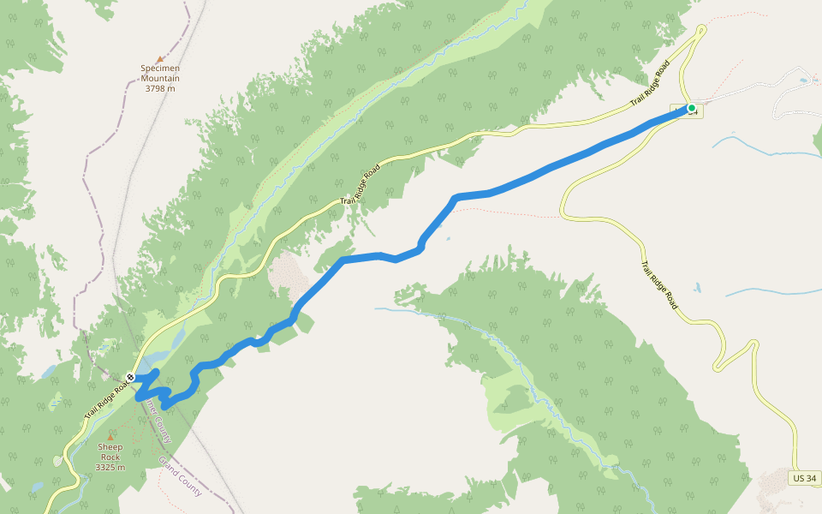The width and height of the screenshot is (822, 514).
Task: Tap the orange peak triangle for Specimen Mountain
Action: [x=160, y=59]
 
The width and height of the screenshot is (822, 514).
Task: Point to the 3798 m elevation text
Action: [x=160, y=88]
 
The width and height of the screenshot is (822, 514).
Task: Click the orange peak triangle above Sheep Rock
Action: [x=110, y=437]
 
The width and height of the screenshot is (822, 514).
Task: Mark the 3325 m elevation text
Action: [x=110, y=467]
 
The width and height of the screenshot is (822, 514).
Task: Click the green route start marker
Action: [x=691, y=108]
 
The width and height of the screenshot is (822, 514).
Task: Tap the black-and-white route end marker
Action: [x=130, y=377]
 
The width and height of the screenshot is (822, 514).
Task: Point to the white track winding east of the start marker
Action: [x=753, y=86]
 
